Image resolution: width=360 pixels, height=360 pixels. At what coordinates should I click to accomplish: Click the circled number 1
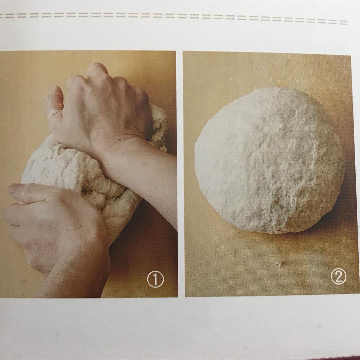pos(155,280)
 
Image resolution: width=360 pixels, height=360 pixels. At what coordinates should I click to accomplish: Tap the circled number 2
pos(338,276)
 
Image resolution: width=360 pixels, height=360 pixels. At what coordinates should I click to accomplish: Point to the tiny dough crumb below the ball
pos(280,263)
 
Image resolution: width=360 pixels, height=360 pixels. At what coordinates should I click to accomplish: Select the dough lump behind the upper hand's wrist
pos(158,127)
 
